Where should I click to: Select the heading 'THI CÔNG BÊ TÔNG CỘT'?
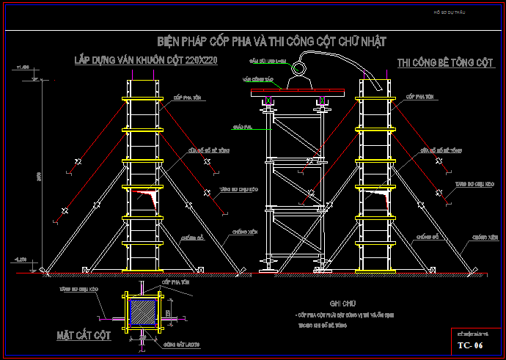pos(445,64)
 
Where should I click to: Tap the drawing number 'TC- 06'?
pos(470,345)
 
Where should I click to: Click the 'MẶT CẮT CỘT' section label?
pos(84,335)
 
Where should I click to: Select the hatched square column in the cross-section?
pos(143,312)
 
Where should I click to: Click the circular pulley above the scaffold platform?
pos(299,69)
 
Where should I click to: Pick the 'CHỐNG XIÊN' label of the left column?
pos(243,232)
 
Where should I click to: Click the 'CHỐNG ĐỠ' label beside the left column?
pos(190,237)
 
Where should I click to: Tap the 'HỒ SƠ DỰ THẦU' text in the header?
pos(450,12)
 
